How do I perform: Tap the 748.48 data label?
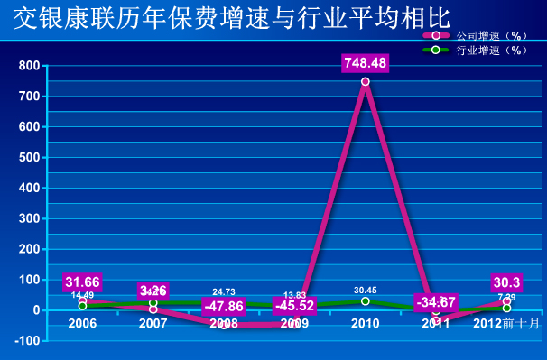point(365,63)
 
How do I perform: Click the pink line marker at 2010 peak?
point(366,82)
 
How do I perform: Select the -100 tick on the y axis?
point(26,341)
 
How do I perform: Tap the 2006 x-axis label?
point(82,323)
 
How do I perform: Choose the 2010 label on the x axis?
point(365,323)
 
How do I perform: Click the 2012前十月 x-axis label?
point(506,323)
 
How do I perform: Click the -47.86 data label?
point(223,306)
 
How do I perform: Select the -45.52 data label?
point(294,306)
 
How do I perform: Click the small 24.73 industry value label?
point(224,291)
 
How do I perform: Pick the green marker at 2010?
point(366,301)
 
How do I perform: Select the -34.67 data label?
point(435,301)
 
